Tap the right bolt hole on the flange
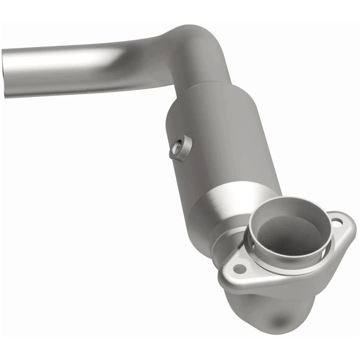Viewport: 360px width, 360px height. pyautogui.click(x=337, y=220)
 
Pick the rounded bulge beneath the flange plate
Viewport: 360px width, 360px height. pyautogui.click(x=270, y=310)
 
